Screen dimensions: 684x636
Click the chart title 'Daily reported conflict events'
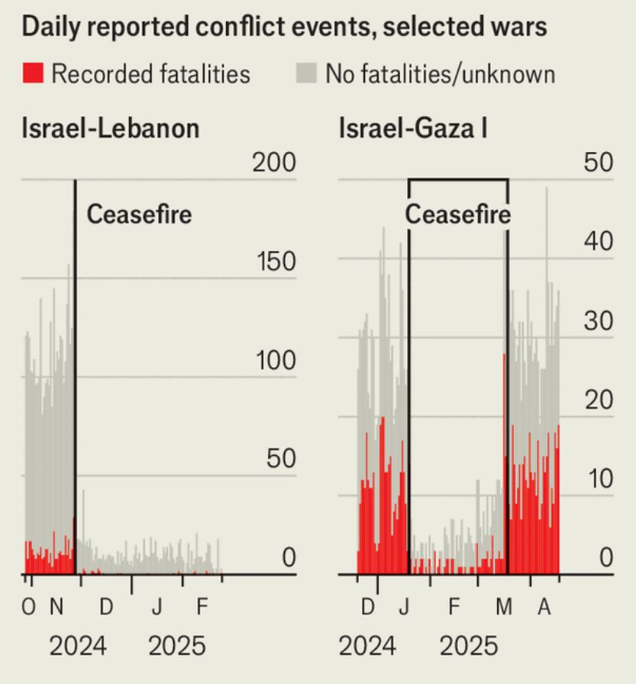click(284, 27)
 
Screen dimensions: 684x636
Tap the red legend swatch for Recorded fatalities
click(33, 73)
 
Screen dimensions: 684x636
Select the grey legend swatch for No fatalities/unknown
click(305, 73)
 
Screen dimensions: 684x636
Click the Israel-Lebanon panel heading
click(111, 127)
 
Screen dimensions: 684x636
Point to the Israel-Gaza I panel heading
click(413, 127)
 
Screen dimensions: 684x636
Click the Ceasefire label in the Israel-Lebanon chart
click(139, 215)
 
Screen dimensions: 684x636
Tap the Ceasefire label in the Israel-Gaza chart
click(457, 215)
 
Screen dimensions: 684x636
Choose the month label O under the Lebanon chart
click(29, 608)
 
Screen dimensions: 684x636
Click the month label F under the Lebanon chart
click(202, 608)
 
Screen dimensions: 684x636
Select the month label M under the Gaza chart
click(504, 608)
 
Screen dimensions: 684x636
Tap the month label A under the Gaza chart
click(544, 608)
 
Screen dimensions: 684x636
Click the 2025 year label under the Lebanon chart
click(177, 647)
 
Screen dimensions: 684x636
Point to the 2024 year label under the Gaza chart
click(367, 647)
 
